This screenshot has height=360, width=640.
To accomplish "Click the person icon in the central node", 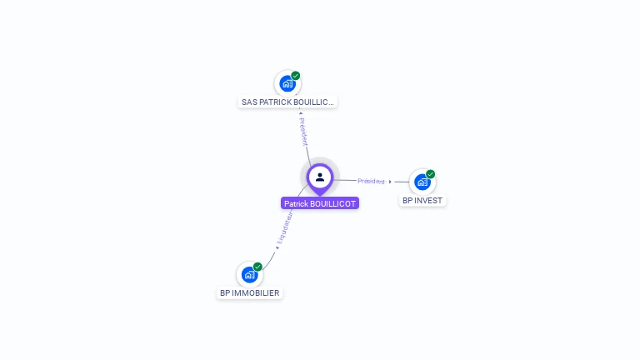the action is coord(320,177).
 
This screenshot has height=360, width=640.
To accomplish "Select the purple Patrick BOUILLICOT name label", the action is coord(320,203).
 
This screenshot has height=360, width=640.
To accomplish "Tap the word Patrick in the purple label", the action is coord(297,203).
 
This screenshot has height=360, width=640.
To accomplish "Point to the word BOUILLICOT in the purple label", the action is coord(334,203).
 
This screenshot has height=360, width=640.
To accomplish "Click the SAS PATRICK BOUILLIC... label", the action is coord(287,102).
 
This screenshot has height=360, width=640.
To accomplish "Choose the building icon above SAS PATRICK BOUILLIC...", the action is coord(287,83).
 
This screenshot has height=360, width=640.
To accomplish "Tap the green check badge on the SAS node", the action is coord(296,76).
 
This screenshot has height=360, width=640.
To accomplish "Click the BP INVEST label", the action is coord(422,200).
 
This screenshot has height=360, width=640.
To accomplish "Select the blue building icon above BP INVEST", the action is coord(422,182).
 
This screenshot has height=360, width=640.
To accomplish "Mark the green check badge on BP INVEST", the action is coord(431,174).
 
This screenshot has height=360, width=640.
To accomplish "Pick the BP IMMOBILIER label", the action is coord(249,292).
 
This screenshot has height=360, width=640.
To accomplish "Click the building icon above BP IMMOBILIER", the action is coord(248,274).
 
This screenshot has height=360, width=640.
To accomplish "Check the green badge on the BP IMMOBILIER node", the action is coord(257,267).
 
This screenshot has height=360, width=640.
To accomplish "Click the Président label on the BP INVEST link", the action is coord(371,181).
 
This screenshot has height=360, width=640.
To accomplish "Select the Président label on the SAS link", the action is coord(303,132).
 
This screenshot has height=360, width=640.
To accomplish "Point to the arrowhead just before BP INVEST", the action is coord(390,181).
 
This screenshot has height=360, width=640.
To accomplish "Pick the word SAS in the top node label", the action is coord(249,102).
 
